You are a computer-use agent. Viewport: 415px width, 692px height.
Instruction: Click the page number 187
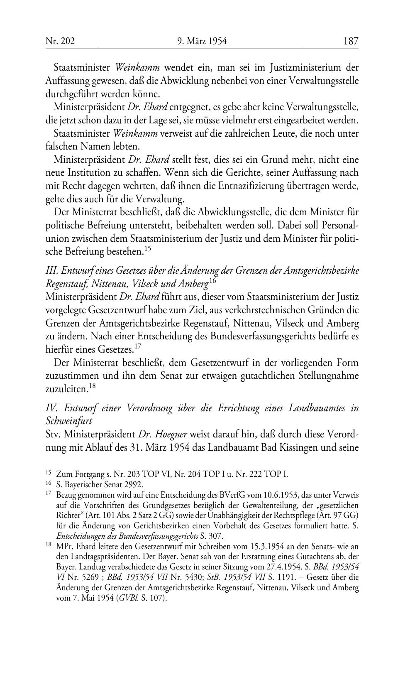[x=350, y=41]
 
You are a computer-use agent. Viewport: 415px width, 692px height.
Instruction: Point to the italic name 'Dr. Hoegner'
[x=166, y=434]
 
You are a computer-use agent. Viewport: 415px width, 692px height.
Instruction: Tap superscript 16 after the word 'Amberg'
[x=212, y=282]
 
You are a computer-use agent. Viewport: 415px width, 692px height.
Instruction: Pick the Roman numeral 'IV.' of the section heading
[x=51, y=408]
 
